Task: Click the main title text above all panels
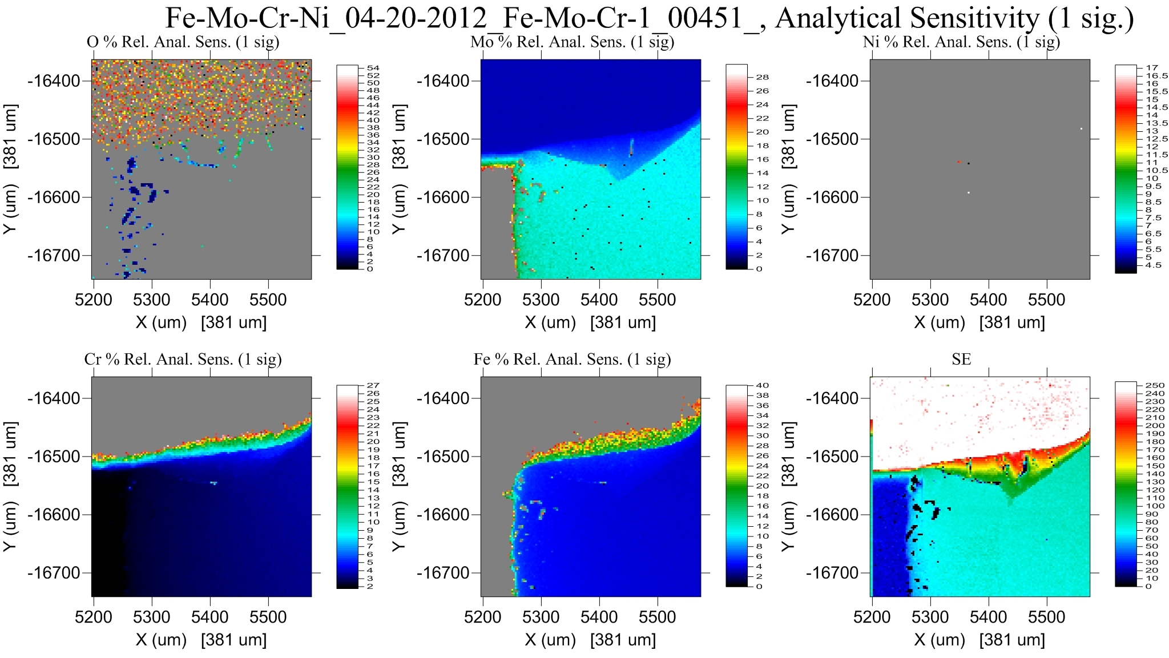(x=649, y=18)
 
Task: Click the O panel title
(x=183, y=42)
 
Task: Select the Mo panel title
(x=572, y=42)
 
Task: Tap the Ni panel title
(x=961, y=42)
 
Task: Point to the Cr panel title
(x=183, y=359)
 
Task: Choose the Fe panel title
(x=572, y=359)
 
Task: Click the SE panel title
(x=961, y=359)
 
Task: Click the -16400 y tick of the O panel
(x=54, y=81)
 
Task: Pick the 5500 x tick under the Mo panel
(x=658, y=300)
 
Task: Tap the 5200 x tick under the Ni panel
(x=872, y=300)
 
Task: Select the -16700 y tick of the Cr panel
(x=54, y=573)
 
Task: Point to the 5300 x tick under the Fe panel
(x=541, y=617)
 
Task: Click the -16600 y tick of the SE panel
(x=832, y=515)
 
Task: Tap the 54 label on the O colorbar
(x=373, y=68)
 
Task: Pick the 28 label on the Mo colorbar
(x=762, y=77)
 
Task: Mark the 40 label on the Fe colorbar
(x=762, y=385)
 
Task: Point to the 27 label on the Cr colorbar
(x=373, y=385)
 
